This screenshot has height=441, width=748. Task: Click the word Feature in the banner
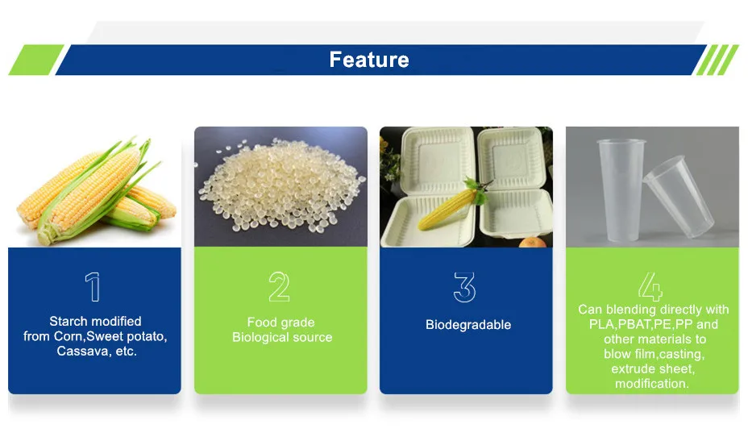(x=368, y=60)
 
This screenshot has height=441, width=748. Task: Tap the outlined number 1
(x=94, y=288)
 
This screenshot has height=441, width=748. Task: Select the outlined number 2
(x=279, y=288)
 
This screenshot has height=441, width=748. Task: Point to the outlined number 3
(x=464, y=288)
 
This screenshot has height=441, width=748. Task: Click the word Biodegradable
(x=468, y=325)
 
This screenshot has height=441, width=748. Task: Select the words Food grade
(x=280, y=322)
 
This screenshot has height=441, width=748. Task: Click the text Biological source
(x=282, y=337)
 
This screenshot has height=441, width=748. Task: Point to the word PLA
(x=601, y=324)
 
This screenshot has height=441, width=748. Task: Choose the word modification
(x=651, y=384)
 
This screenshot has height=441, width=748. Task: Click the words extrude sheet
(x=652, y=368)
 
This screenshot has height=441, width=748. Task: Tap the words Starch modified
(x=95, y=321)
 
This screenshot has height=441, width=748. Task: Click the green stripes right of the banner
(x=717, y=60)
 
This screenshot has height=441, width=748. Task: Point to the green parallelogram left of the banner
(x=35, y=60)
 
